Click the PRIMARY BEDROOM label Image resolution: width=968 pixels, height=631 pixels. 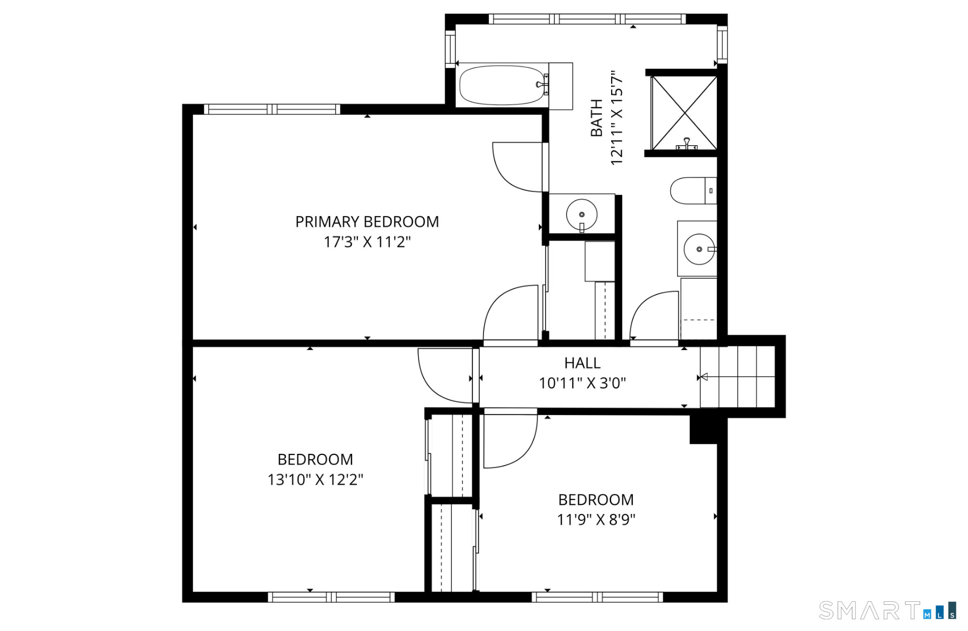tap(367, 222)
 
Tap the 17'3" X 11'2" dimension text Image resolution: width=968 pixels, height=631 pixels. tap(367, 243)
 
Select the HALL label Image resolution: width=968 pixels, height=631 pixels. tap(582, 363)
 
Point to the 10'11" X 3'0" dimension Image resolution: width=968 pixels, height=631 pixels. tap(582, 383)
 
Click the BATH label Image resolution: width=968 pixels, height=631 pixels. tap(597, 118)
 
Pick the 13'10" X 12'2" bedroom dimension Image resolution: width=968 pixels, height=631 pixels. tap(315, 479)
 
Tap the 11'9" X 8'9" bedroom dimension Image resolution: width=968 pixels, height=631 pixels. tap(596, 520)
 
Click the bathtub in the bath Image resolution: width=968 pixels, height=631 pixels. tap(503, 85)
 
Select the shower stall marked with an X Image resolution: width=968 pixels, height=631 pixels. tap(684, 113)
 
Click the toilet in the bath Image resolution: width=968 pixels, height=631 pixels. tap(691, 191)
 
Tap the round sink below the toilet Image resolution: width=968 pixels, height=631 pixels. tap(698, 249)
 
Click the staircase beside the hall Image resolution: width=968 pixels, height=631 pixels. tap(737, 377)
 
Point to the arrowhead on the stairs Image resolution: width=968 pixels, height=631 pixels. tap(703, 377)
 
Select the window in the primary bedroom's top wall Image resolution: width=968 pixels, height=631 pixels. tap(272, 110)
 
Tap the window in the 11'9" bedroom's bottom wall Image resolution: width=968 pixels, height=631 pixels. tap(597, 597)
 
